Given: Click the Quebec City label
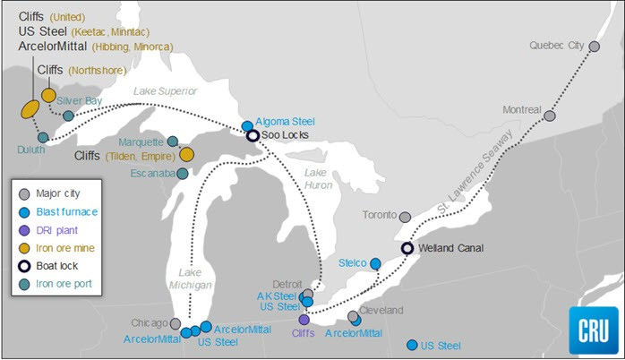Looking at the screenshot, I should pos(556,45).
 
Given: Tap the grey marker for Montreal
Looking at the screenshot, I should pos(550,116).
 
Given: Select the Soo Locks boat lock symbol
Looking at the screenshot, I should pos(253,136).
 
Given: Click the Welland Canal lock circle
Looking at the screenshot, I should pos(407,249).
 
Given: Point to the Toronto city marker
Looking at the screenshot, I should pos(405,218).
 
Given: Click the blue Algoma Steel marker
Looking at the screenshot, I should pos(247,125).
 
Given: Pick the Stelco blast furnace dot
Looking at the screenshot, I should pos(375,263).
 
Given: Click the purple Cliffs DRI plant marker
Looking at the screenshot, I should pos(304,320).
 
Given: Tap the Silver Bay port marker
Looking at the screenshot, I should pos(68,116).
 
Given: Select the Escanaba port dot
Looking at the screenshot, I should pos(183,174).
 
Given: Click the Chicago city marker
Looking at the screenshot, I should pos(176,323).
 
